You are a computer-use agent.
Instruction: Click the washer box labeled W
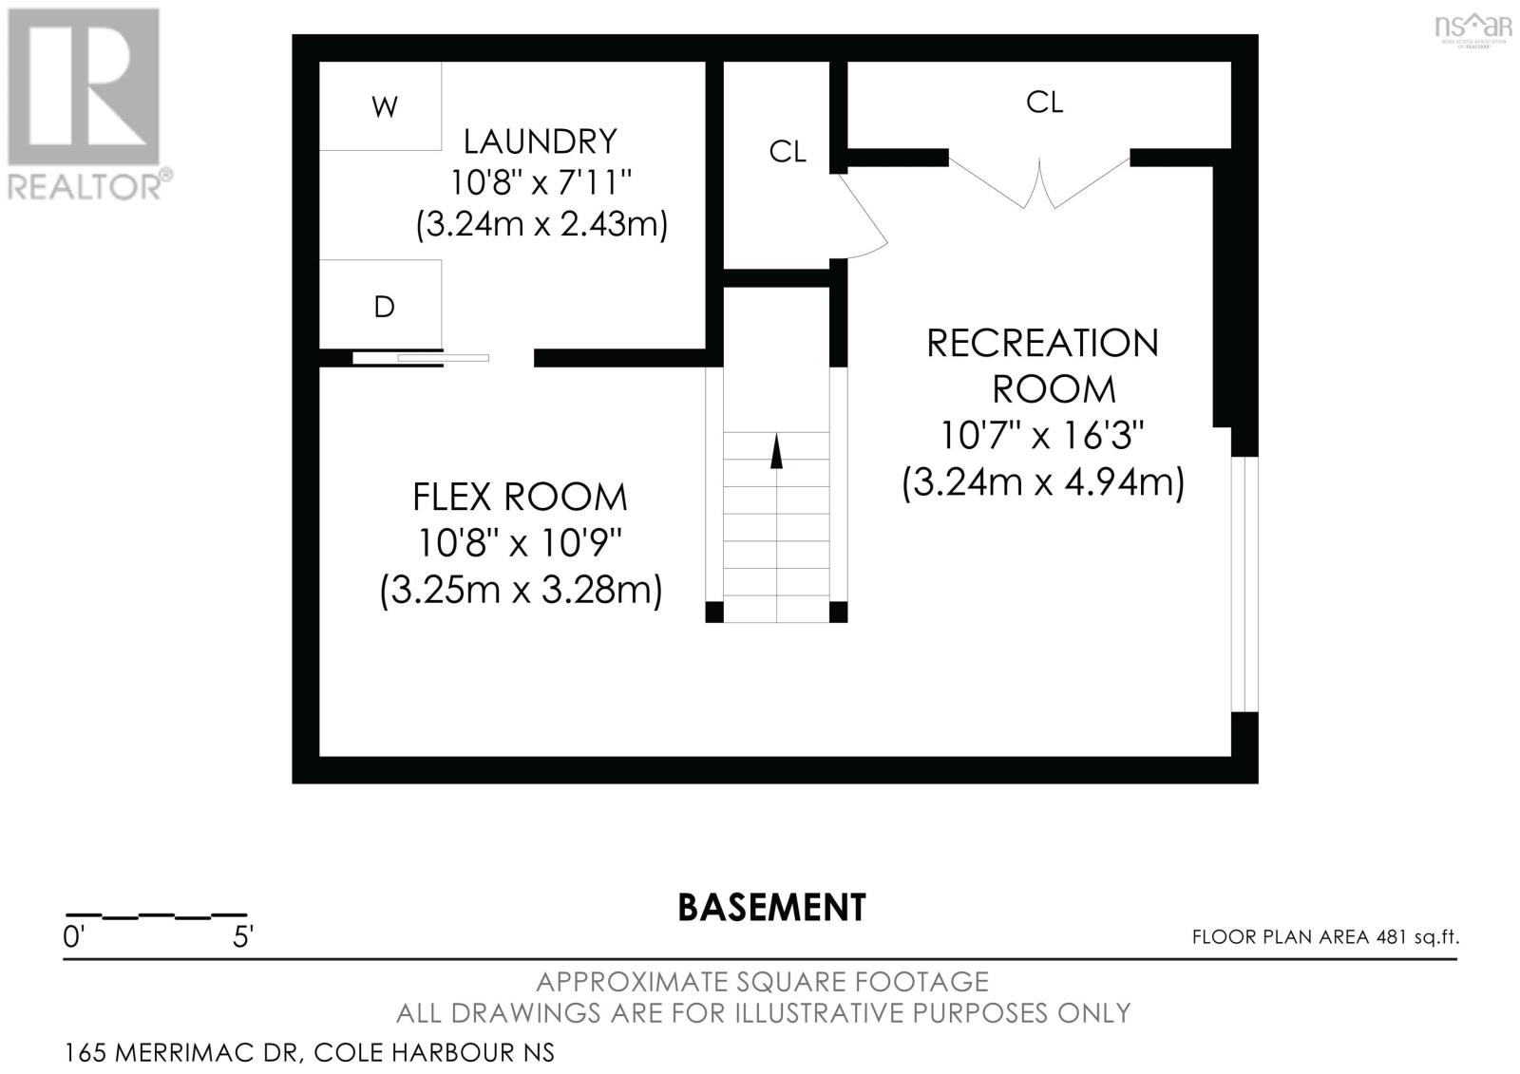(381, 106)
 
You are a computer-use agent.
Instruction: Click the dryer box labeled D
(381, 305)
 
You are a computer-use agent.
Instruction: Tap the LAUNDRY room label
(540, 141)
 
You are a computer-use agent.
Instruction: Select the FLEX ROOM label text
(520, 498)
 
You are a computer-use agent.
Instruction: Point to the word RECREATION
(1042, 344)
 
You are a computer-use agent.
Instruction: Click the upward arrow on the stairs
(776, 451)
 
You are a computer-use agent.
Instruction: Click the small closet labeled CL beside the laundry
(787, 152)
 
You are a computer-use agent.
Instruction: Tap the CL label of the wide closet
(1043, 103)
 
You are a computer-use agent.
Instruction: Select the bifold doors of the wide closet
(1039, 182)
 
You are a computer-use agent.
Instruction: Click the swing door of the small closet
(864, 217)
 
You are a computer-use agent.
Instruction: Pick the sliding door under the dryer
(421, 358)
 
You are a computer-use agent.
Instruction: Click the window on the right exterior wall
(1244, 583)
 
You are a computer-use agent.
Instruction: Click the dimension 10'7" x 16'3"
(1042, 436)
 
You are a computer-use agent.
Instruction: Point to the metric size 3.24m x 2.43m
(541, 226)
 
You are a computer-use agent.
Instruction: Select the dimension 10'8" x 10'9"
(520, 544)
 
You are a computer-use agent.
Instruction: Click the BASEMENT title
(771, 908)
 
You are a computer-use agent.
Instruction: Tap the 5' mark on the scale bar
(243, 938)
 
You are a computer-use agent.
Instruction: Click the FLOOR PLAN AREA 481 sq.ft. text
(1325, 937)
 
